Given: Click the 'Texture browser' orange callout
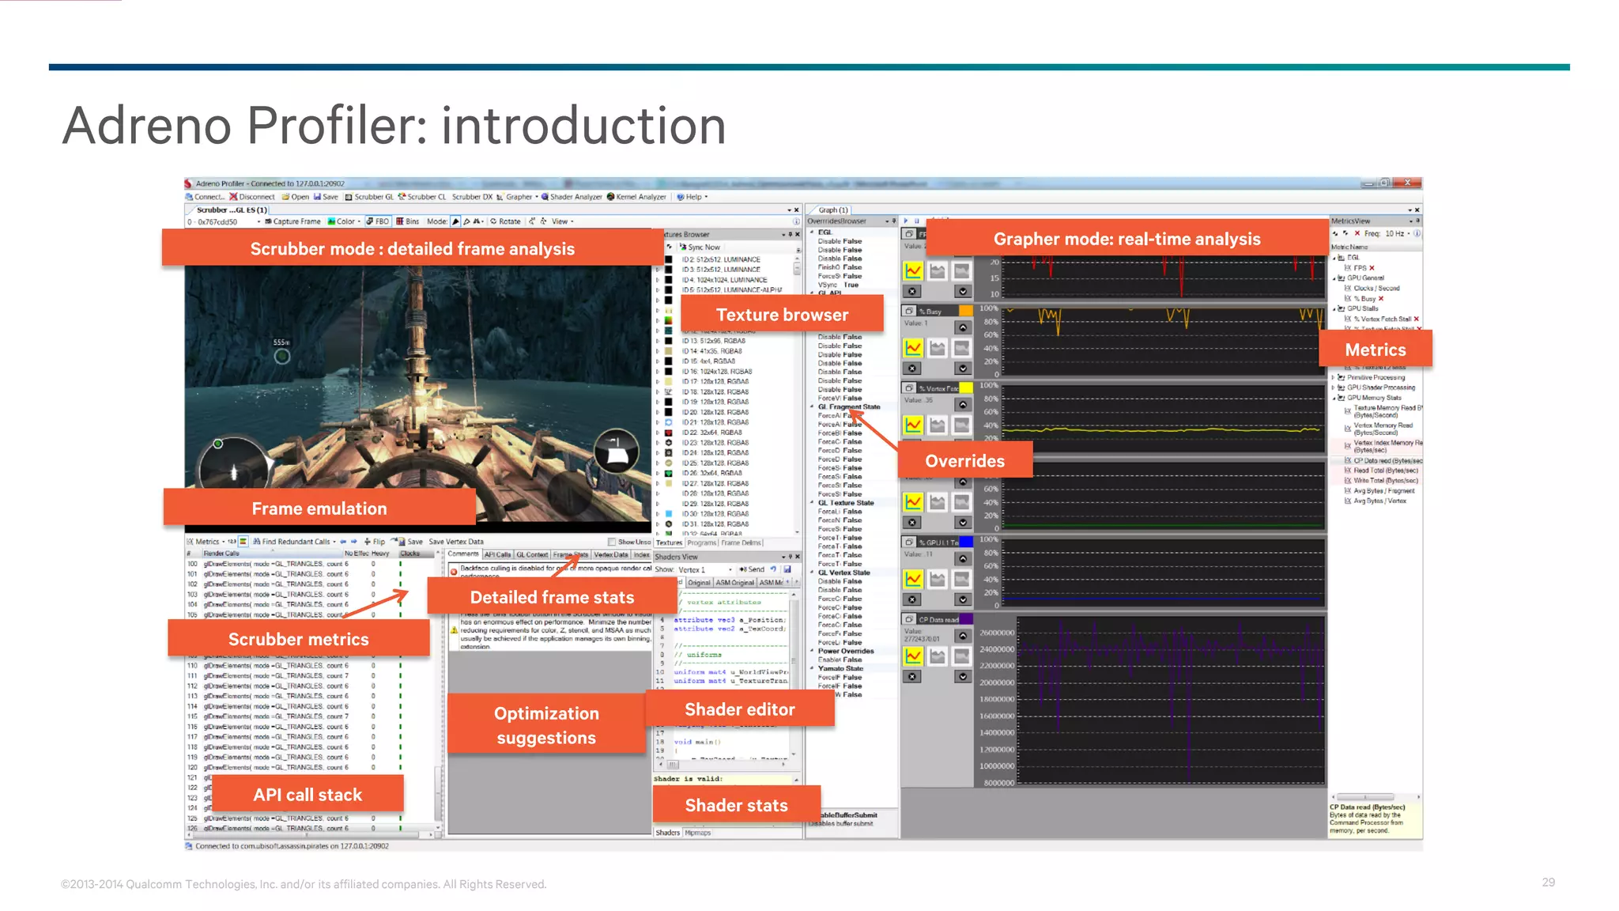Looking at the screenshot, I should [x=781, y=315].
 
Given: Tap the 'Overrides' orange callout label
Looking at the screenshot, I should [x=964, y=461].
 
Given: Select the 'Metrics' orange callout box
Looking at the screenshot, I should [x=1375, y=350].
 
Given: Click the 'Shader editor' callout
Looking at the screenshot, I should [x=739, y=709].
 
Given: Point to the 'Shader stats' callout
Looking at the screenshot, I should [x=736, y=805].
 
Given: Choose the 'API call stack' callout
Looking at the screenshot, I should [x=308, y=795].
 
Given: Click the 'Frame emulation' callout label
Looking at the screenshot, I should [x=319, y=508].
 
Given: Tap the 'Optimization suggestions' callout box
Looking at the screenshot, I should [x=546, y=725].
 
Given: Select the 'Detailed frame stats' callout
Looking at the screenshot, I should [x=552, y=597].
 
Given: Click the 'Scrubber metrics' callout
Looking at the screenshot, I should [x=298, y=639].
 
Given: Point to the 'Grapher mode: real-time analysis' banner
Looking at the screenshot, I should [x=1127, y=239].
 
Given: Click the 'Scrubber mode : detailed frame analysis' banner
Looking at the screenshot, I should [x=412, y=248].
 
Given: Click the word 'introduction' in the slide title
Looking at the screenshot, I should [x=583, y=126].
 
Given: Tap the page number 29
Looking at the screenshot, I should [x=1548, y=883].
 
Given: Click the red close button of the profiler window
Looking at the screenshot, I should [x=1407, y=183].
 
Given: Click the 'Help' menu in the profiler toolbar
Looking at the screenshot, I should [x=693, y=197].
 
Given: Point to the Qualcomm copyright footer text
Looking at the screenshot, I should [x=304, y=884].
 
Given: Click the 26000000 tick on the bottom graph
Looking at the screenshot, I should [x=996, y=633].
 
